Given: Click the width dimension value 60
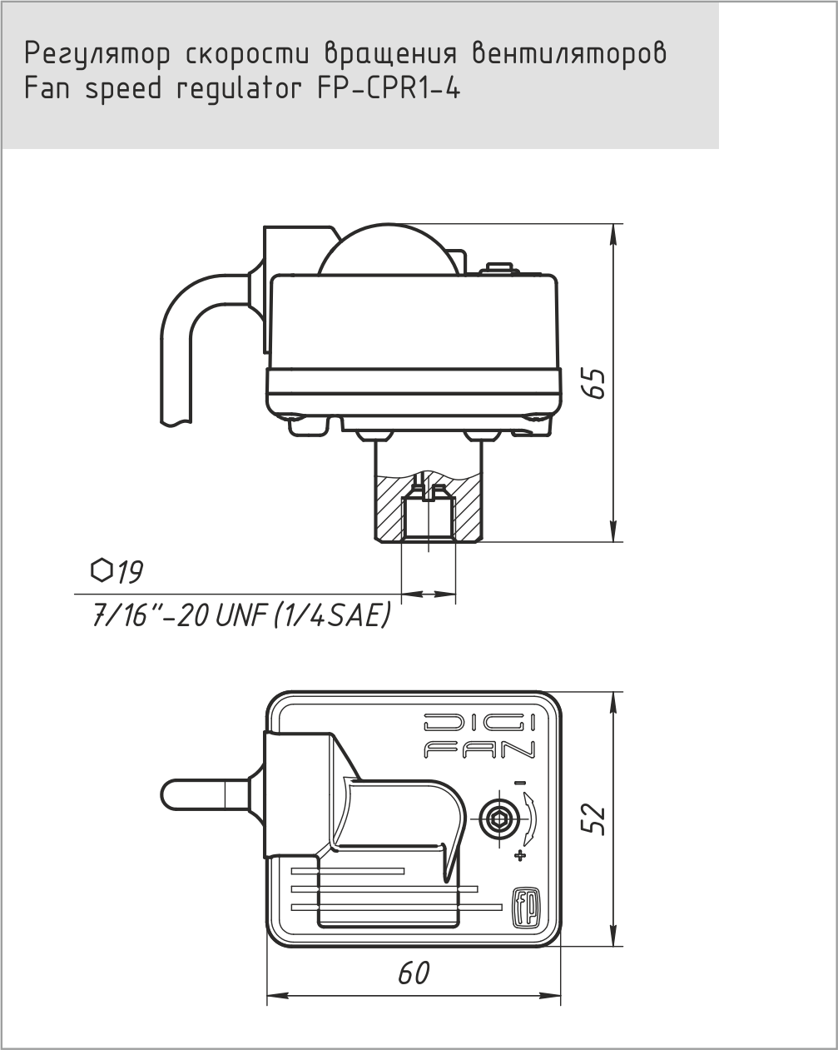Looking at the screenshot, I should tap(413, 972).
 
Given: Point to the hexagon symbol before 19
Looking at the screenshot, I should tap(101, 570).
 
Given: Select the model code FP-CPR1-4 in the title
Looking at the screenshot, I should tap(389, 89).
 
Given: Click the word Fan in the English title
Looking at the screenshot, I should tap(50, 89).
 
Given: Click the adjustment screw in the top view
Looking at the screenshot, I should tap(498, 819).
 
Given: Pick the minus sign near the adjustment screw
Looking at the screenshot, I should tap(520, 783).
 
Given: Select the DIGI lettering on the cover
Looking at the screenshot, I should tap(479, 724).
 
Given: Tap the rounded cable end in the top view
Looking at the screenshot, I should tap(179, 793).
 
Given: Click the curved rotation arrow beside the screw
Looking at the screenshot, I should tap(529, 819).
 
